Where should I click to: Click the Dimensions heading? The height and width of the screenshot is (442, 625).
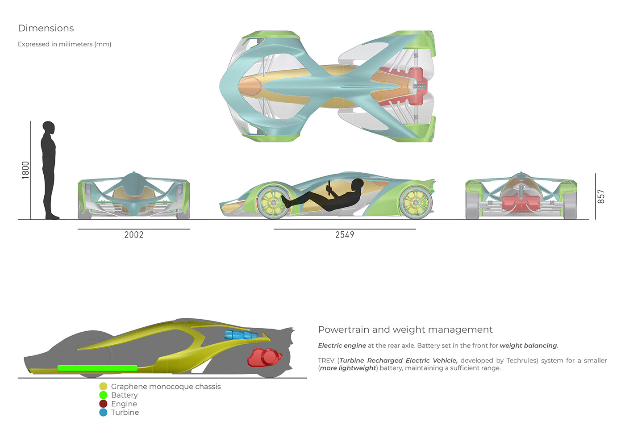click(46, 28)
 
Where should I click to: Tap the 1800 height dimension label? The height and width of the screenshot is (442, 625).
click(25, 170)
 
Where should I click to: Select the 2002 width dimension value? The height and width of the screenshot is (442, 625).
click(134, 235)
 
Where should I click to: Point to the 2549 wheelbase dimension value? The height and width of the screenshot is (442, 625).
click(345, 235)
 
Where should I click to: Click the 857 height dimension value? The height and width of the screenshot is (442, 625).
click(601, 196)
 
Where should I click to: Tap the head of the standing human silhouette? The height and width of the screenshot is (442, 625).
click(48, 128)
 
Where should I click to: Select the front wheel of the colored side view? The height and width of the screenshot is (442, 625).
click(273, 202)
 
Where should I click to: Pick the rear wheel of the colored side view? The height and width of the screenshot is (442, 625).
click(415, 202)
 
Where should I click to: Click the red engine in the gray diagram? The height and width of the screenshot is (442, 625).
click(264, 358)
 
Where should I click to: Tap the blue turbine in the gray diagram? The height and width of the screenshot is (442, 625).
click(241, 335)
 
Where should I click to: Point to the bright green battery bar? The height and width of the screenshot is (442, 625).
click(97, 368)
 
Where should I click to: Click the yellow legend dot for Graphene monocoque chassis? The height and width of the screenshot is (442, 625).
click(103, 387)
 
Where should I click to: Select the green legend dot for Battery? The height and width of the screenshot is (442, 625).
click(103, 395)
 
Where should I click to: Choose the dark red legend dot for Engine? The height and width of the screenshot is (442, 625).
click(103, 404)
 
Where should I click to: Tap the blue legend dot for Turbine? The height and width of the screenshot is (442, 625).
click(103, 413)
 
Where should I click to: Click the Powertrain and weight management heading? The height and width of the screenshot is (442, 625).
click(405, 329)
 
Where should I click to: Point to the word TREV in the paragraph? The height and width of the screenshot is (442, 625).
click(326, 360)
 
